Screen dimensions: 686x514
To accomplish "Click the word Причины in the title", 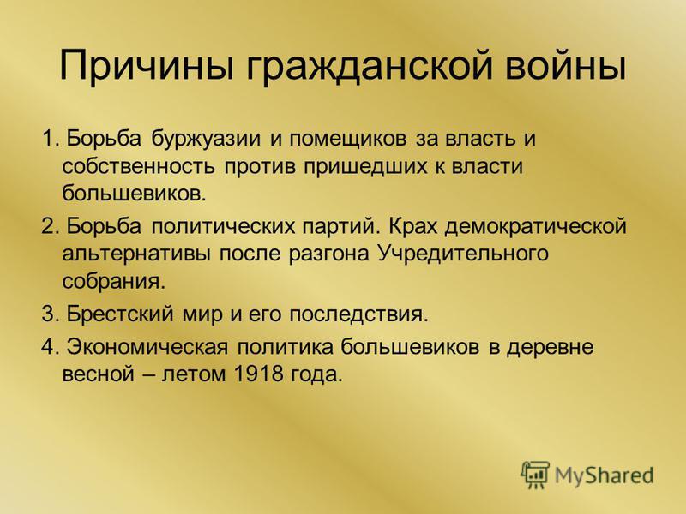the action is tap(147, 66).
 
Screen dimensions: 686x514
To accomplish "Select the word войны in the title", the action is tap(566, 67).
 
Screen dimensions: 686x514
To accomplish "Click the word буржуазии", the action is tap(207, 140).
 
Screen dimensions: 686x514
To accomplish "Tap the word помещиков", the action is tap(348, 140).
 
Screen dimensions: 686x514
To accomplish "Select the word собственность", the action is tap(139, 166).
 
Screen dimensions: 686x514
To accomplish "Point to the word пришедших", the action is tap(362, 168).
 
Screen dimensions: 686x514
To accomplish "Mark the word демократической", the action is tap(536, 228).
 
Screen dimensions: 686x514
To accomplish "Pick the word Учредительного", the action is tap(462, 254).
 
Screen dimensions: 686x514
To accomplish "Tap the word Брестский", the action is tap(120, 314).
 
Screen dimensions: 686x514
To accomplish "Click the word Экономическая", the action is tap(147, 347).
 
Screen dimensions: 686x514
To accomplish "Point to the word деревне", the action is tap(550, 349).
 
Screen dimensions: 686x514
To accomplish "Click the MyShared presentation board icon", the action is tap(535, 474).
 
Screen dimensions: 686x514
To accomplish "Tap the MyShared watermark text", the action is tap(604, 475).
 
